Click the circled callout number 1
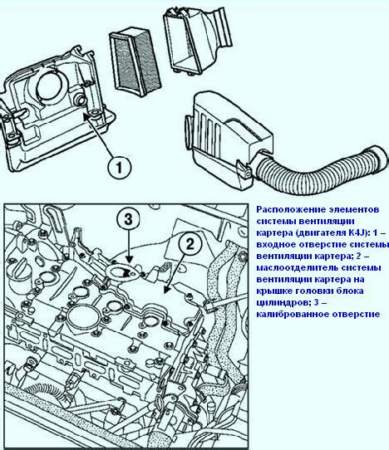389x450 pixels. click(119, 167)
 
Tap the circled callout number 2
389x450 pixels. click(190, 245)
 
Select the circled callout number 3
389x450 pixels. click(128, 219)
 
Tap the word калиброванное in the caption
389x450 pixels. click(292, 315)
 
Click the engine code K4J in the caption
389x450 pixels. click(357, 232)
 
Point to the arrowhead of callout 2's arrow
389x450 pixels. click(167, 291)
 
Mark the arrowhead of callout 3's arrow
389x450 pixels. click(129, 260)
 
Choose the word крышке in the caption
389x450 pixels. click(273, 291)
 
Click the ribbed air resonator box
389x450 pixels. click(227, 139)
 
